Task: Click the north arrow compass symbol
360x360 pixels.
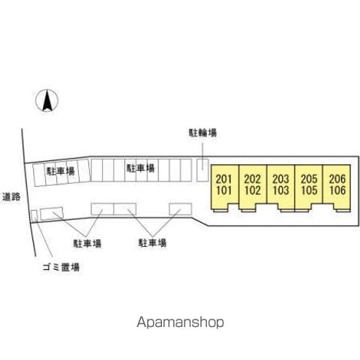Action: pos(46,100)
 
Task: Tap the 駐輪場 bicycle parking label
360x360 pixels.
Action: pos(202,133)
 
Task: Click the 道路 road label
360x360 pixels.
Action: pos(11,197)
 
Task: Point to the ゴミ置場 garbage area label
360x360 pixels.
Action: pos(61,267)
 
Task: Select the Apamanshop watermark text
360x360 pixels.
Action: pos(180,322)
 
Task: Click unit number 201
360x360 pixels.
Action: pos(224,179)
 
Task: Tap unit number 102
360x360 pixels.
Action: pos(253,190)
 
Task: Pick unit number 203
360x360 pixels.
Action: pos(280,179)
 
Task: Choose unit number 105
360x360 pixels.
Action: pos(309,190)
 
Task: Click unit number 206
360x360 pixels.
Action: pos(337,179)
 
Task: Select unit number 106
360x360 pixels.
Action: pos(337,190)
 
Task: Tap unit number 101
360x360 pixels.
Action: pos(224,190)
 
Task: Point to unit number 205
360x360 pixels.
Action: pos(309,179)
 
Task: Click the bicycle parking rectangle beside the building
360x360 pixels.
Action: pos(202,170)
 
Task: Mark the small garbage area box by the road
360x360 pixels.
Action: pos(34,216)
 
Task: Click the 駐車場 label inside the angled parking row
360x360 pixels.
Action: pos(61,171)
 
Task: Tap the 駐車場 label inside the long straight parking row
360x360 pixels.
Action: pos(140,168)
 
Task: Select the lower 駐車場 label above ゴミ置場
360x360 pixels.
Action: pos(87,243)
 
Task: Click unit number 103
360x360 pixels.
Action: pos(280,190)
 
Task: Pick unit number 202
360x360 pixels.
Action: pos(253,179)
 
